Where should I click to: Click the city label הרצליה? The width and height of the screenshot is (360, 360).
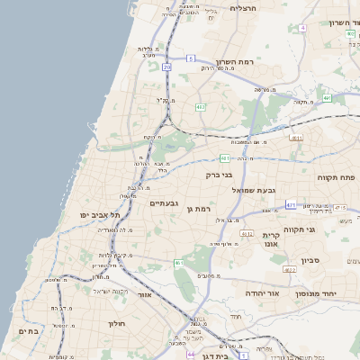[x=244, y=8]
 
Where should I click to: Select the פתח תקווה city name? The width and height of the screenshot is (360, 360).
[x=335, y=177]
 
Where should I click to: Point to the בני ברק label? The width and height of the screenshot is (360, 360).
[x=220, y=175]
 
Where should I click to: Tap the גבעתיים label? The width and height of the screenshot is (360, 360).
[x=164, y=203]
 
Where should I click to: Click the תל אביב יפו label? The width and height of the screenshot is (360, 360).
[x=100, y=215]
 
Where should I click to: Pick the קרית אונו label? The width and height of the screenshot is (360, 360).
[x=271, y=238]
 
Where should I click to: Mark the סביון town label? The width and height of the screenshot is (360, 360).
[x=336, y=259]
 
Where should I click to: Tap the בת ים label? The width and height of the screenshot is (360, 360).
[x=28, y=331]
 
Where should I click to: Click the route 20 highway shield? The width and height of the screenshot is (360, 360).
[x=167, y=67]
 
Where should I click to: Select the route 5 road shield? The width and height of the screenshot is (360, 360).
[x=191, y=58]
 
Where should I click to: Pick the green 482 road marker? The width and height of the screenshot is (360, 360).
[x=200, y=107]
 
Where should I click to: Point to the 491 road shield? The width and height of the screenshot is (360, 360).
[x=327, y=97]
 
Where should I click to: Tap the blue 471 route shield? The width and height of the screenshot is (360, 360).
[x=291, y=205]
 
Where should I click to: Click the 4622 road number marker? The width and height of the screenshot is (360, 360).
[x=289, y=269]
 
